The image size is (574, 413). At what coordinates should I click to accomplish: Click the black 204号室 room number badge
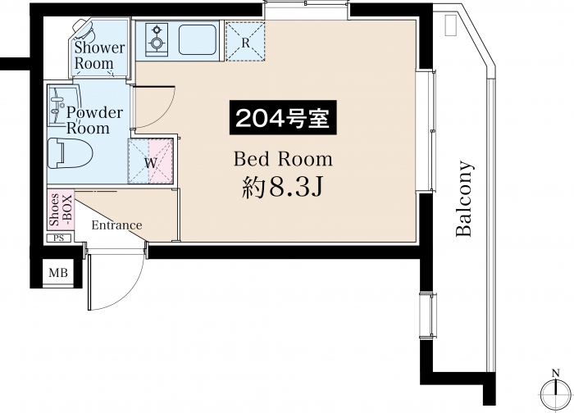click(x=283, y=118)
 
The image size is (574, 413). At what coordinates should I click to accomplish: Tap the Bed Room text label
click(x=284, y=160)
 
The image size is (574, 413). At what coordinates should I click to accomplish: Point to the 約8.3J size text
click(x=282, y=188)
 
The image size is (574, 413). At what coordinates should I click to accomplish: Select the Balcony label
click(x=465, y=198)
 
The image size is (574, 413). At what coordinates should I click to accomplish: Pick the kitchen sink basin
click(x=197, y=39)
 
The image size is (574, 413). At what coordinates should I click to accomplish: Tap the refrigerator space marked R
click(x=245, y=41)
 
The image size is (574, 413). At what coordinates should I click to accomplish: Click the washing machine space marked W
click(x=150, y=161)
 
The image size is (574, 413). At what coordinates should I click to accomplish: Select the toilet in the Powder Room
click(x=71, y=153)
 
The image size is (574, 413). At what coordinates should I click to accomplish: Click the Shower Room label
click(x=99, y=56)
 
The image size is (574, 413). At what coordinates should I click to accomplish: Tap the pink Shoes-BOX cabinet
click(x=61, y=210)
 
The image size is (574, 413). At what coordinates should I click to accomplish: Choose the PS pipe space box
click(x=59, y=238)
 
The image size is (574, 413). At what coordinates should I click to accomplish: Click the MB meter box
click(x=58, y=273)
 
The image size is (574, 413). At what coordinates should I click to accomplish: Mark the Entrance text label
click(x=116, y=225)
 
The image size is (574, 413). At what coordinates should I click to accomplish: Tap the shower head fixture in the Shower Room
click(x=85, y=29)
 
